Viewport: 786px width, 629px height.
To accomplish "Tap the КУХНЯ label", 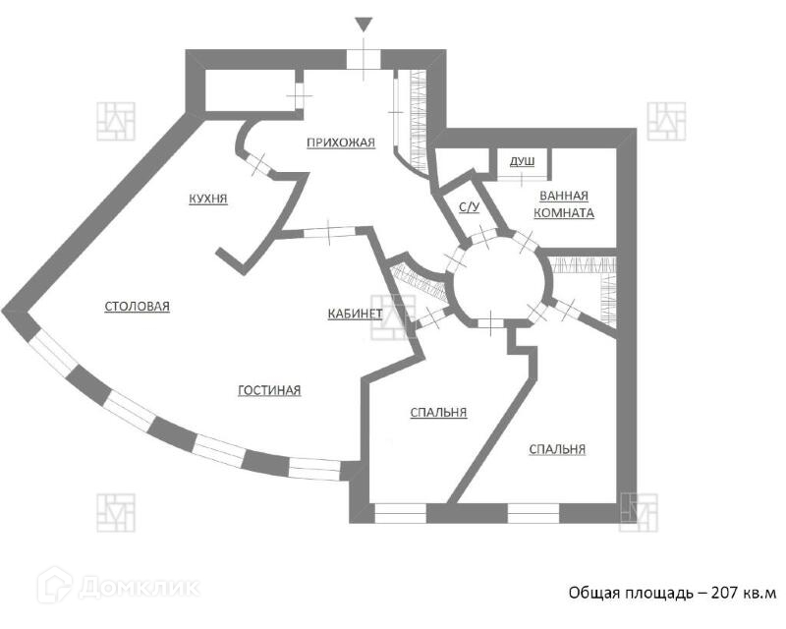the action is click(x=208, y=199).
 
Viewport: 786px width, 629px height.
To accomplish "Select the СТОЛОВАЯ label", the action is click(x=138, y=307).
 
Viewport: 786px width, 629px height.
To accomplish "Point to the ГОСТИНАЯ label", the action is click(x=269, y=390).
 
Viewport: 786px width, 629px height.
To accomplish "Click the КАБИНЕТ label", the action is click(x=355, y=314).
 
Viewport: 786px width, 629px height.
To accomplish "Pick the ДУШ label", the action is click(x=522, y=161).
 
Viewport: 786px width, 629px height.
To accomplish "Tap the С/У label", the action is click(x=469, y=207).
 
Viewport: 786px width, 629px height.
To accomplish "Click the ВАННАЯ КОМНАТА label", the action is click(x=564, y=203).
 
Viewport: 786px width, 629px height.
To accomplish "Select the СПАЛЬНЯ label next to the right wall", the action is click(x=557, y=449).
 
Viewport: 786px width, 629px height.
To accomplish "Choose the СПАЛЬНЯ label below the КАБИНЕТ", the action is click(x=438, y=413).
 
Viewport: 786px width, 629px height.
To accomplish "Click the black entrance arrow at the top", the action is click(x=364, y=25).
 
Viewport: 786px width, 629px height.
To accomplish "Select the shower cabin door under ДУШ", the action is click(x=521, y=176).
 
